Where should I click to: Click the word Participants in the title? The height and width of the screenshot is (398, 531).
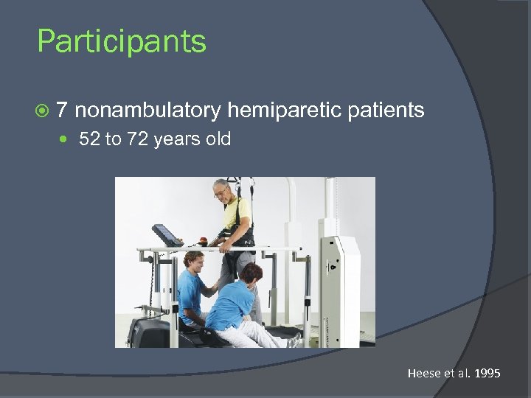click(122, 41)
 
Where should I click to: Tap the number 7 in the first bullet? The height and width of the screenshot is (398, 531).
click(63, 111)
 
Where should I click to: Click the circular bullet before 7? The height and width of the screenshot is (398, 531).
click(42, 111)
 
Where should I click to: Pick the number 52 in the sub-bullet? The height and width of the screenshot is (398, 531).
click(88, 139)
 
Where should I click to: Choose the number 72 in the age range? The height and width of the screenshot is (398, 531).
click(138, 139)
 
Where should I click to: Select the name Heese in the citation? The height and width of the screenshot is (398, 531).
click(423, 374)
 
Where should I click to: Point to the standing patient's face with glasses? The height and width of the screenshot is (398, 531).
click(221, 191)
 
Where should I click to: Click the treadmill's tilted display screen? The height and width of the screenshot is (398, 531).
click(165, 234)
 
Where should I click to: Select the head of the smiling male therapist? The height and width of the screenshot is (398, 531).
click(194, 261)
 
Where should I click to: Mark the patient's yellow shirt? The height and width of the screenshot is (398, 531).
click(236, 214)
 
